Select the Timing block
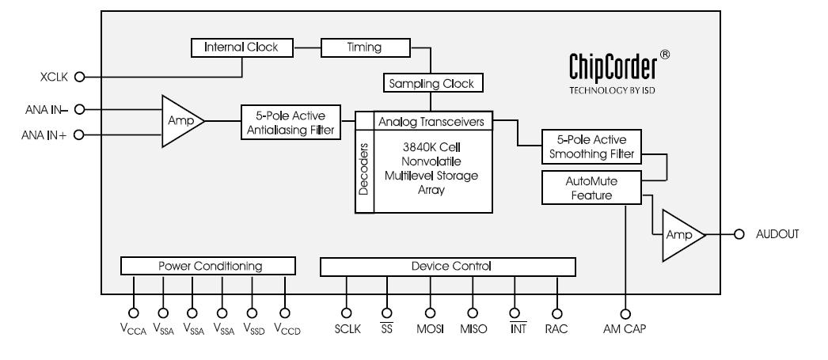(x=365, y=47)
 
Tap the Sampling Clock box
(x=432, y=81)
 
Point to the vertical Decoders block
(x=363, y=171)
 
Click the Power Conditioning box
(x=207, y=266)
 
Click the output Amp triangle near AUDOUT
(x=682, y=235)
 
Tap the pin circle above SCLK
(x=346, y=312)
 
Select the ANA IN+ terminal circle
(x=78, y=135)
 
